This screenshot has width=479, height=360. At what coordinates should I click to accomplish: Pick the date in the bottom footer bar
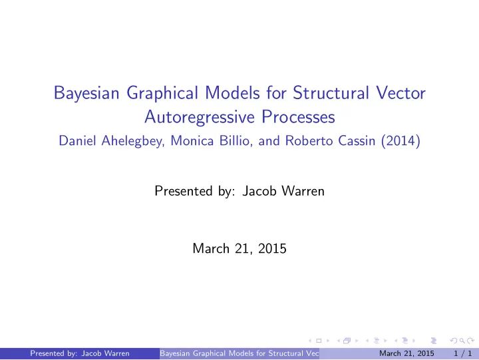402,353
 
